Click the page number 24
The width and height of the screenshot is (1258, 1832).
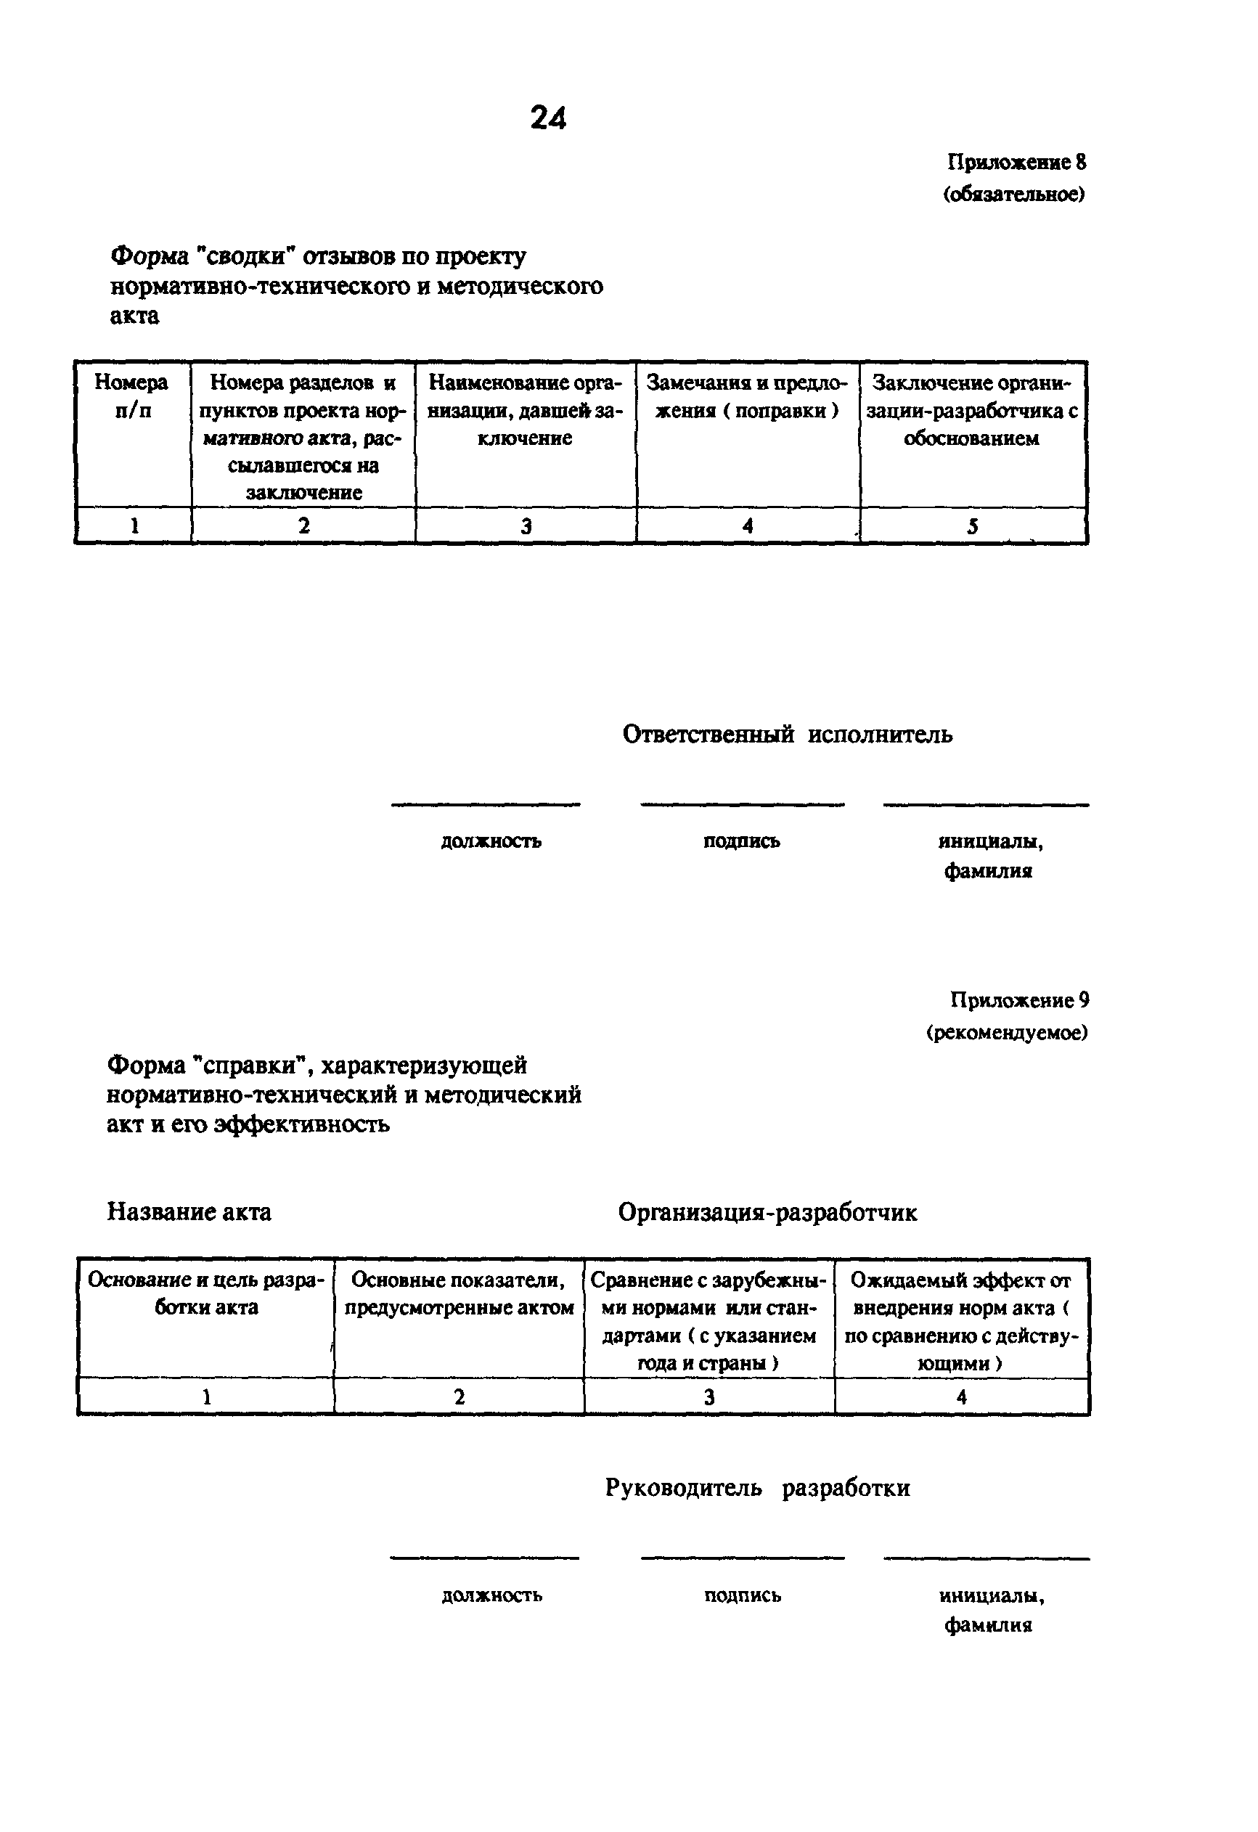point(549,118)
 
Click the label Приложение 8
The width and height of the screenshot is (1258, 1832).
point(1016,163)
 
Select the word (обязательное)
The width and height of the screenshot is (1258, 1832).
point(1013,194)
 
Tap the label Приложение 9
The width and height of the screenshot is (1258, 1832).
point(1019,1000)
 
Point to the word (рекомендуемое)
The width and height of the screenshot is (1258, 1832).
point(1007,1032)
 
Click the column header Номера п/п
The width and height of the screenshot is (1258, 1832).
point(131,396)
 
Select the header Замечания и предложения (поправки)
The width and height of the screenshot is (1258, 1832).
point(746,396)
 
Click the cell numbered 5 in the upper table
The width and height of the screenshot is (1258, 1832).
point(973,526)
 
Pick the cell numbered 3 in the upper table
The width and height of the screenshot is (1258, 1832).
point(526,526)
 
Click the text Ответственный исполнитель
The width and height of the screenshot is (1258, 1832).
point(787,735)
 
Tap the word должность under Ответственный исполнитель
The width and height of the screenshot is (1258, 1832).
point(490,841)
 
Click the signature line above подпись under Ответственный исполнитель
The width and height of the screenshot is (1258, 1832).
point(742,805)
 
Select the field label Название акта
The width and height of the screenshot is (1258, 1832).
point(189,1211)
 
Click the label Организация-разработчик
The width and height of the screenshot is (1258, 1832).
point(767,1212)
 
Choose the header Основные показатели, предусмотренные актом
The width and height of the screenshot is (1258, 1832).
point(459,1293)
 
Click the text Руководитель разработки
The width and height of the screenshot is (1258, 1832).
point(756,1488)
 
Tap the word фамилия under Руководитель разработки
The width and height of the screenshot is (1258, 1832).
point(988,1624)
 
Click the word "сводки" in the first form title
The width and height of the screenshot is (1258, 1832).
point(245,257)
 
